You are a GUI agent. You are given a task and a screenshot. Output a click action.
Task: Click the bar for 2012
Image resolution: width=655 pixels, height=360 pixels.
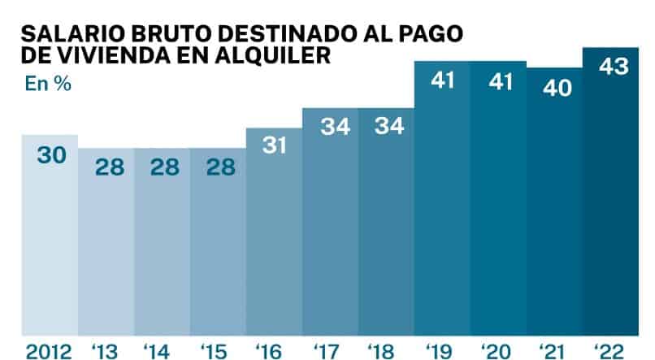click(x=50, y=235)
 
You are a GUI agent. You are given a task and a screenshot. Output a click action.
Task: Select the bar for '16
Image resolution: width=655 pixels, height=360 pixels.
click(x=275, y=232)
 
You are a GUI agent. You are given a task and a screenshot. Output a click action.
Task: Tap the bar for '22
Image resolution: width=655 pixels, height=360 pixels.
click(x=611, y=192)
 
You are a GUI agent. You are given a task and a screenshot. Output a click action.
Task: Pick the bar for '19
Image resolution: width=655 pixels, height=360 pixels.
click(x=442, y=198)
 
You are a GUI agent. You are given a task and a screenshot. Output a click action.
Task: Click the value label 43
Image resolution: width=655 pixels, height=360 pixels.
click(x=614, y=67)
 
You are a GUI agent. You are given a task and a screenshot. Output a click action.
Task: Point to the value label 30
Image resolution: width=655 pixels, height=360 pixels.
click(x=52, y=155)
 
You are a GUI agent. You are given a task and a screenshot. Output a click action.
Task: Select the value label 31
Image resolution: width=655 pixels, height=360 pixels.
click(x=274, y=145)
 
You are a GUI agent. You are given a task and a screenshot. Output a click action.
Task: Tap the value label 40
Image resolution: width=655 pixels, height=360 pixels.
click(x=557, y=88)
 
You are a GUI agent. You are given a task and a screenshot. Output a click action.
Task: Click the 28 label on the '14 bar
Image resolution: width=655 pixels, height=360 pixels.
click(x=165, y=167)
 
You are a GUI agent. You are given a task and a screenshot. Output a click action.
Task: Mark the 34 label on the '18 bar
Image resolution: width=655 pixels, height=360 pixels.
click(x=389, y=126)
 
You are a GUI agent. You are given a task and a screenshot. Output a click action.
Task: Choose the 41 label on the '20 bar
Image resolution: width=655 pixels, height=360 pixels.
click(x=501, y=81)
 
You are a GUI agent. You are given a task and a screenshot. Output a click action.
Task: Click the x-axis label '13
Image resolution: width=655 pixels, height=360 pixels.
click(x=105, y=352)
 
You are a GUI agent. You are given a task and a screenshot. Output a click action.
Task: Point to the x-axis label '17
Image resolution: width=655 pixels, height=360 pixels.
click(x=327, y=352)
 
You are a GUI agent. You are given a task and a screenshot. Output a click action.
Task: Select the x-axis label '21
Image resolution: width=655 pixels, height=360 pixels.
click(x=553, y=352)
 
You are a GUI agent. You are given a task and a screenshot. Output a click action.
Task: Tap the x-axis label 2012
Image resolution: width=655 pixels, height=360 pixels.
click(x=49, y=352)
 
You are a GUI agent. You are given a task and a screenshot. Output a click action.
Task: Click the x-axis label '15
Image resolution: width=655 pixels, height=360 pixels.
click(x=214, y=352)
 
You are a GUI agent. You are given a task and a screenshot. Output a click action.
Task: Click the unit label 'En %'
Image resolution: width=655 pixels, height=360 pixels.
click(x=48, y=84)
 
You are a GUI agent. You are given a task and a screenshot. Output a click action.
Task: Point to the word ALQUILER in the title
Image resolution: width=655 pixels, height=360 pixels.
click(x=273, y=55)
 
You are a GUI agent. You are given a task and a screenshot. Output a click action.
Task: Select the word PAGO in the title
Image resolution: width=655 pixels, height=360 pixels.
click(x=431, y=34)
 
